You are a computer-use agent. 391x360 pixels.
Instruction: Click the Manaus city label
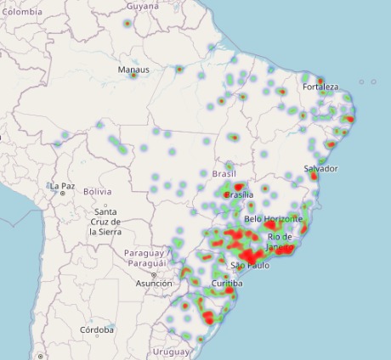point(133,70)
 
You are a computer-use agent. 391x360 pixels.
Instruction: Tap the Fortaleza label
point(320,87)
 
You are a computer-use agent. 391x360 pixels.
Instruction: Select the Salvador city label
point(320,168)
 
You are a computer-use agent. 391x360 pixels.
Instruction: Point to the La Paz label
point(62,185)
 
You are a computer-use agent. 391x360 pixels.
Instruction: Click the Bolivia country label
point(98,192)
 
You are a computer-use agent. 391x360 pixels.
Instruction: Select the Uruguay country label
point(172,351)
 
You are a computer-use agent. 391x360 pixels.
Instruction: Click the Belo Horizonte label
point(272,218)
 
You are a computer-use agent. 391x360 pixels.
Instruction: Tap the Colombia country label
point(21,12)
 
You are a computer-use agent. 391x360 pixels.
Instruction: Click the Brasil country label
point(223,173)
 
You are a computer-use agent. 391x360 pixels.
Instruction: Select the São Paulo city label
point(250,266)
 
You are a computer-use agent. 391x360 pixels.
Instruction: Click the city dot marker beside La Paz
point(62,194)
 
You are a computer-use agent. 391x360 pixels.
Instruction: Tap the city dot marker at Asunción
point(154,275)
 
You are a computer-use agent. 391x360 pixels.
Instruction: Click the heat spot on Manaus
point(133,76)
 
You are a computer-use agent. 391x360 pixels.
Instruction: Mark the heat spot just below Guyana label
point(126,23)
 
